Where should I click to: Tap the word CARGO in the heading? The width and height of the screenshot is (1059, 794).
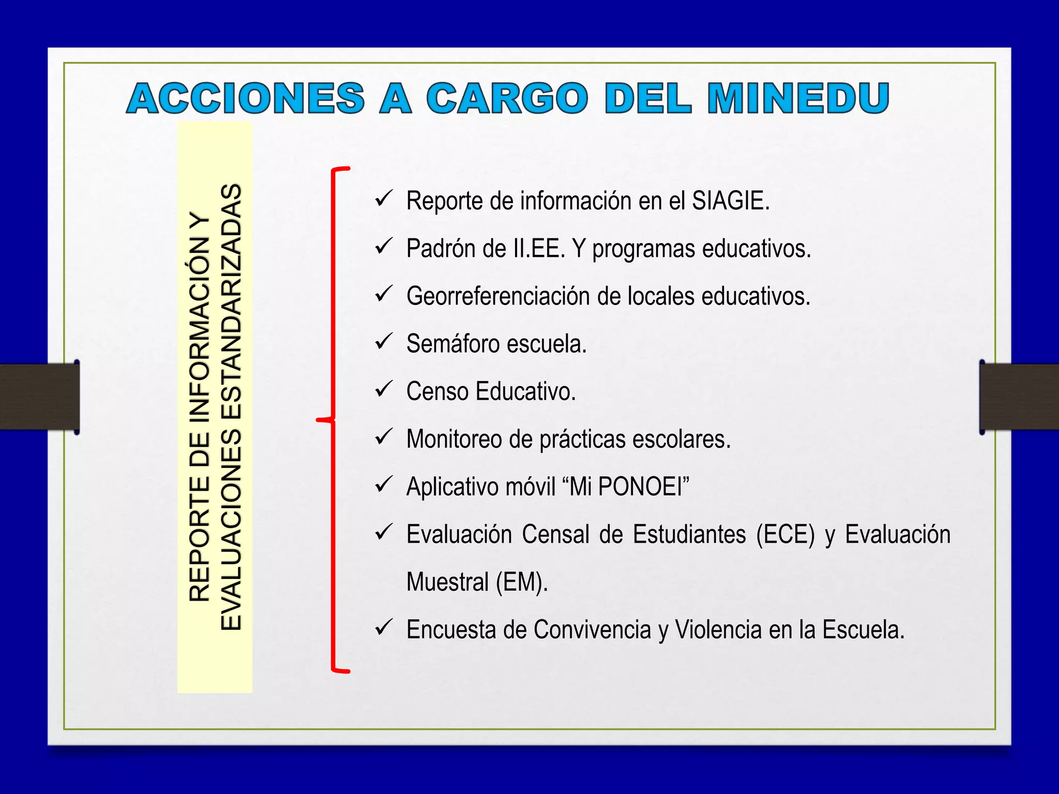[x=507, y=98]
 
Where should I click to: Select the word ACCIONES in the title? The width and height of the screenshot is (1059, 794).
[x=246, y=98]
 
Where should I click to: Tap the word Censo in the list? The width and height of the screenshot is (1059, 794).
[x=437, y=391]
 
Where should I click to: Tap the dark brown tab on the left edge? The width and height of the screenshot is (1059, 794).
[x=39, y=397]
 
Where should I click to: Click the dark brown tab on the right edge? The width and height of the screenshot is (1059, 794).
[x=1019, y=397]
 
